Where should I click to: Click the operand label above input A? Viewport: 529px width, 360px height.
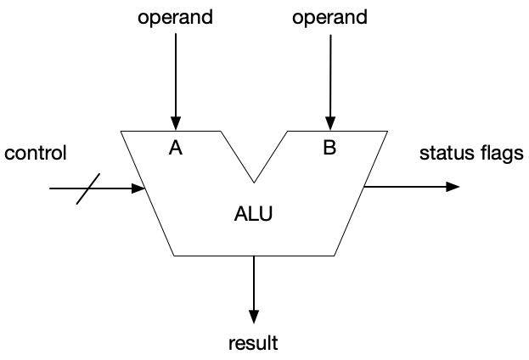click(x=176, y=17)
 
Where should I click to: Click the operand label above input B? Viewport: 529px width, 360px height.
click(x=329, y=17)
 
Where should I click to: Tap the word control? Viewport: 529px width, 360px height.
click(x=35, y=154)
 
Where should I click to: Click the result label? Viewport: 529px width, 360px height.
click(x=253, y=344)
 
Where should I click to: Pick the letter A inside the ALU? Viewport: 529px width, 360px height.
click(x=176, y=148)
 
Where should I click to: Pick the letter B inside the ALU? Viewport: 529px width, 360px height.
click(x=329, y=148)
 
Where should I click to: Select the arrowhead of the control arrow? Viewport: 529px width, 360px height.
click(x=138, y=188)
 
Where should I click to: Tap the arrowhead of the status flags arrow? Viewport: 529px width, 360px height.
click(x=453, y=187)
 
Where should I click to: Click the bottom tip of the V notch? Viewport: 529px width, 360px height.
click(x=253, y=182)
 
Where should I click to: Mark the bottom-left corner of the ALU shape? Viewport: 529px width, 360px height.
click(x=173, y=255)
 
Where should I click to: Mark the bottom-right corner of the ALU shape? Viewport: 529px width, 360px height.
click(x=335, y=255)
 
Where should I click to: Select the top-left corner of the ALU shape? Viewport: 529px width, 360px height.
click(x=121, y=132)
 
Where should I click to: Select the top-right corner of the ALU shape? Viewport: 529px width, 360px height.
click(x=389, y=132)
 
